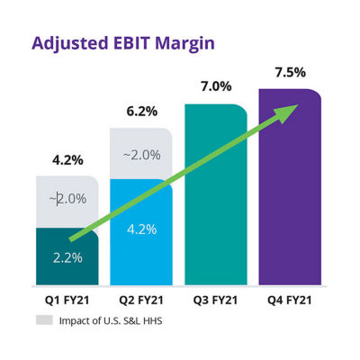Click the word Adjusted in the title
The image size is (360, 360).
point(69,44)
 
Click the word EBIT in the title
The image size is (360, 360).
point(131,43)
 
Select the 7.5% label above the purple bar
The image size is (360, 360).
point(291,73)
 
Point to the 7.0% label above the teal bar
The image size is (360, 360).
point(216,86)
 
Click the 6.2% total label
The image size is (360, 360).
point(142,112)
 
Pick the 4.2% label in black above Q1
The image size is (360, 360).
point(67,160)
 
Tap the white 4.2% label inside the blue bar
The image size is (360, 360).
point(141,229)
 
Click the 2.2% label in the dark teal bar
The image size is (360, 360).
point(67,257)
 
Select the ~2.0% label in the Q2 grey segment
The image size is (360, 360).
point(141,155)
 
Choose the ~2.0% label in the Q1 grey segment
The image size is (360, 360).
point(67,199)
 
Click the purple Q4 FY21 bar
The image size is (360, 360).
point(290,187)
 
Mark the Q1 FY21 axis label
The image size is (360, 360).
point(67,300)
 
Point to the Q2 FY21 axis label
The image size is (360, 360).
point(141,300)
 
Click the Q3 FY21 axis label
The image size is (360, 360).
point(215,300)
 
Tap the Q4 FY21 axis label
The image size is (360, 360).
point(290,300)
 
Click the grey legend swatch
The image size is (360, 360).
point(44,319)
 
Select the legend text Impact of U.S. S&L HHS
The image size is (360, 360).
point(111,320)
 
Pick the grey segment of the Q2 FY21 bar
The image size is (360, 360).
point(141,154)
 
